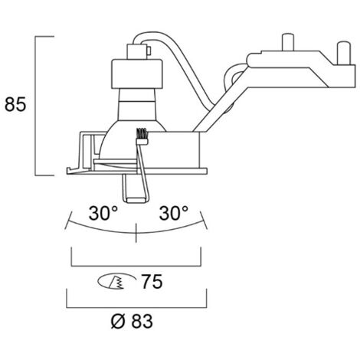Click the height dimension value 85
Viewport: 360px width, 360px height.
(15, 104)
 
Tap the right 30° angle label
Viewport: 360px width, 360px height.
(174, 213)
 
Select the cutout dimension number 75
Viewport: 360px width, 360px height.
(152, 282)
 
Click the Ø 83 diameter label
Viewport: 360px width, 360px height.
(132, 321)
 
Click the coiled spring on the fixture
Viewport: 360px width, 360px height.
(142, 136)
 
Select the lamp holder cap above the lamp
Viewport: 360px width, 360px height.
(136, 74)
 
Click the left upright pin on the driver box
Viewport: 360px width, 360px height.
(287, 42)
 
